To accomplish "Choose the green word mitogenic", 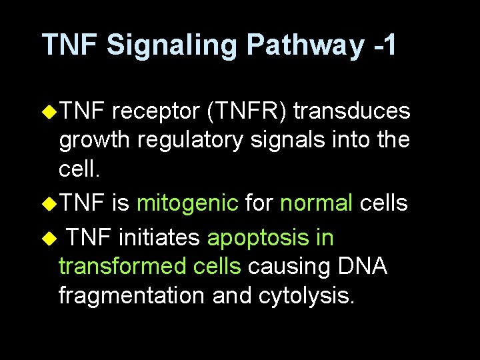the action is (x=187, y=203).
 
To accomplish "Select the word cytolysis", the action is (x=307, y=297).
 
